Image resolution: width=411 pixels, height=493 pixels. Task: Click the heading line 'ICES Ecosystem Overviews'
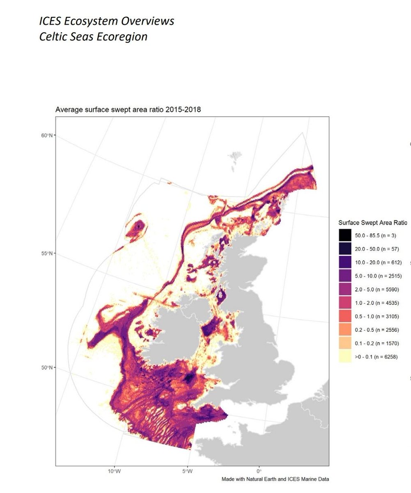coord(107,21)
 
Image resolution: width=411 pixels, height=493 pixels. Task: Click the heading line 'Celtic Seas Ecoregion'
coord(93,37)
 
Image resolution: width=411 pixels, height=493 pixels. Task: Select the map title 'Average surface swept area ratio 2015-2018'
coord(128,110)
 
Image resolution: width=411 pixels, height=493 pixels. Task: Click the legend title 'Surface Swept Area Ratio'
coord(372,223)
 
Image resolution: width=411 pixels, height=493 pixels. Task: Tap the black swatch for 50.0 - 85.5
coord(345,235)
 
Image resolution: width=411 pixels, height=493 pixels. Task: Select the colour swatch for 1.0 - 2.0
coord(345,303)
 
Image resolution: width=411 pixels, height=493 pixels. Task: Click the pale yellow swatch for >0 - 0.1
coord(345,357)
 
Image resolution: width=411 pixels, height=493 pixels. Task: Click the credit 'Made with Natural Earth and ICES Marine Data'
coord(275,479)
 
